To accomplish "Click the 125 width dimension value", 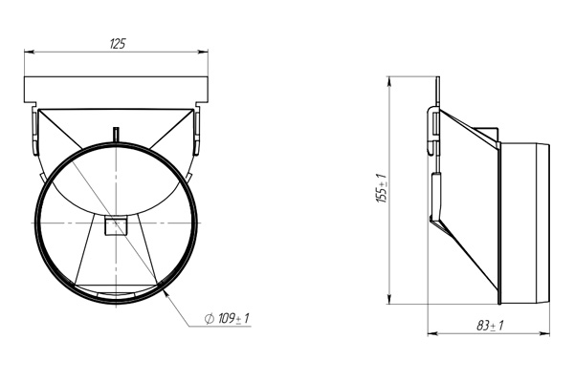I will click(118, 44).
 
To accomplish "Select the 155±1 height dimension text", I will click(381, 189).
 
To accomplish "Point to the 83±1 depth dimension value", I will click(490, 326).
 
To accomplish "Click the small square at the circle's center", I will click(116, 225).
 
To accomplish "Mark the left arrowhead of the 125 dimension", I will click(27, 53).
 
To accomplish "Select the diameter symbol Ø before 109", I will click(209, 317).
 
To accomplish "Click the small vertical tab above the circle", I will click(116, 134).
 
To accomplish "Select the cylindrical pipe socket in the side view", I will click(524, 218).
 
